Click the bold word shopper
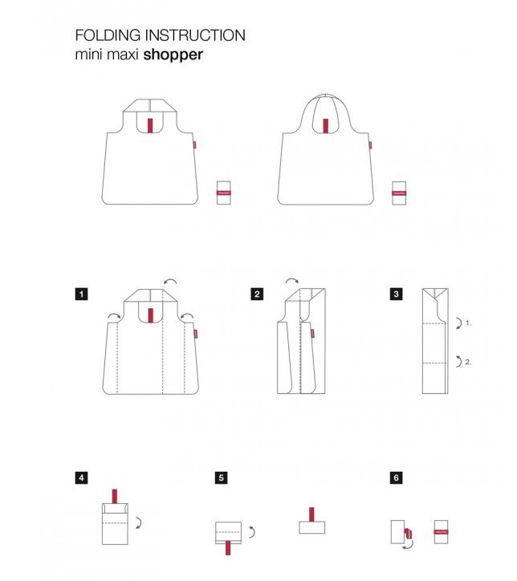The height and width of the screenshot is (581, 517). [x=173, y=55]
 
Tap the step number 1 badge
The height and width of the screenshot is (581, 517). [x=82, y=295]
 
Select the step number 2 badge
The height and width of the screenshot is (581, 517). [x=257, y=295]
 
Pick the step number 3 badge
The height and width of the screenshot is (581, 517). [x=397, y=295]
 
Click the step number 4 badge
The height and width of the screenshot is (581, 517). [x=82, y=477]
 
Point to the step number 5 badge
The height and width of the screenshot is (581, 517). [x=222, y=477]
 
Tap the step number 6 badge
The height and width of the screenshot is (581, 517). [x=397, y=477]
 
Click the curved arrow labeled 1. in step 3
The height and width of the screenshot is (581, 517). [x=460, y=323]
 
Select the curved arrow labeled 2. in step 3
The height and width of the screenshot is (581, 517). [x=460, y=361]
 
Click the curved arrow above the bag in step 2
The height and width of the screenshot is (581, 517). [x=292, y=280]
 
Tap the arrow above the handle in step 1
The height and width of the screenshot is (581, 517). [x=170, y=280]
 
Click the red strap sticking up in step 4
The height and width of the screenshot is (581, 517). [x=115, y=497]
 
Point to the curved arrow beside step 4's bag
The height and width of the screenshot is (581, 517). [x=140, y=523]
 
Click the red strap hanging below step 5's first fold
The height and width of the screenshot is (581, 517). [x=228, y=547]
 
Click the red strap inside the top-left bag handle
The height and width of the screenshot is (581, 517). [x=150, y=125]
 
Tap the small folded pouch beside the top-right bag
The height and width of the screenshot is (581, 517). [x=399, y=193]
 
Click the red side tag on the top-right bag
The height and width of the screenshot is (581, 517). [x=370, y=145]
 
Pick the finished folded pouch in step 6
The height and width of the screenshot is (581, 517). [x=441, y=532]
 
